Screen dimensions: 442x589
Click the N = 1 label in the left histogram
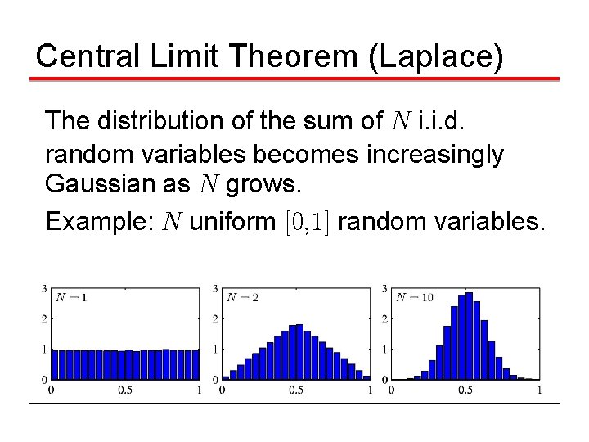click(x=71, y=296)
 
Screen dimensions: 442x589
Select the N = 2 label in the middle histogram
click(x=242, y=296)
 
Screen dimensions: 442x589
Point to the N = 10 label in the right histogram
click(x=414, y=296)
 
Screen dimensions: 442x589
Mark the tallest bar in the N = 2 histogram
click(x=299, y=352)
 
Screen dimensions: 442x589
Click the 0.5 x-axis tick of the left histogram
click(x=124, y=390)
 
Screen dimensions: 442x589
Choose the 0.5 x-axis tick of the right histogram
click(x=465, y=390)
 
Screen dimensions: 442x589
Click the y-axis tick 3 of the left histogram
click(x=43, y=288)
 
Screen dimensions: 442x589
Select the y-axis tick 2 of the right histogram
click(x=385, y=318)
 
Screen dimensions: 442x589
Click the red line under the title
click(x=294, y=79)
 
